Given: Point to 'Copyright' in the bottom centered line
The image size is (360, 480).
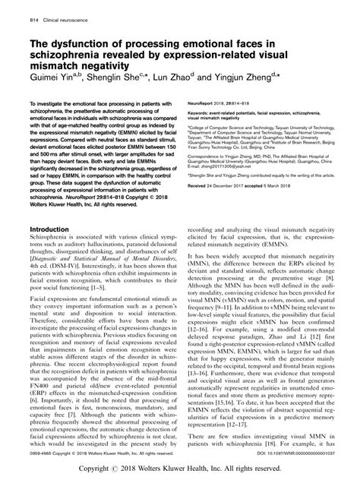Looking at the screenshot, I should (x=121, y=469).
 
